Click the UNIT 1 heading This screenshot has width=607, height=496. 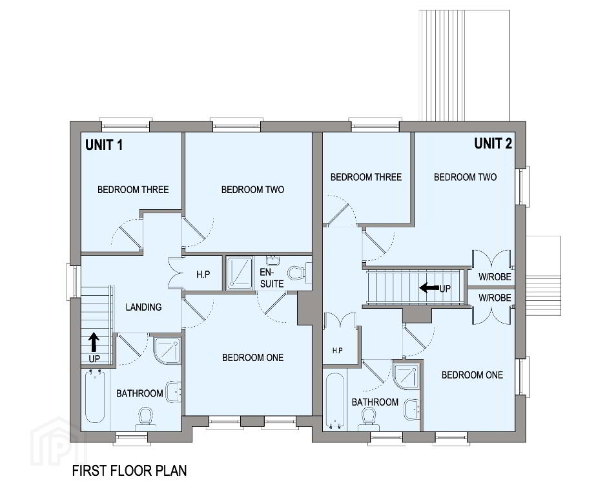click(104, 145)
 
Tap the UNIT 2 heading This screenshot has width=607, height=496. click(493, 143)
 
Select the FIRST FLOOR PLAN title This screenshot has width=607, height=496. click(129, 470)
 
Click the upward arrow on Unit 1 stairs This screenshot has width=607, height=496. click(94, 342)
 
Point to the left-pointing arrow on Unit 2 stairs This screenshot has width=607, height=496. click(429, 287)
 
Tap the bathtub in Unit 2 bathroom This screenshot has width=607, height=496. click(335, 402)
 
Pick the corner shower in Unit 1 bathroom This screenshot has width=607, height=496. click(167, 351)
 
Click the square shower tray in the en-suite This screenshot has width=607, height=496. click(240, 273)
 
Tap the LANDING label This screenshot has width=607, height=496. click(143, 307)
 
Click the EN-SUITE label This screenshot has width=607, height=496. click(271, 278)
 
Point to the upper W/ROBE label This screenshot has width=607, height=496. click(495, 277)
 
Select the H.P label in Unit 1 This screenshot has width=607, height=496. click(203, 274)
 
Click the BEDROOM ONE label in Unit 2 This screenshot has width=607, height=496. click(472, 375)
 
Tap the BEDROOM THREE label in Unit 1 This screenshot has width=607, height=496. click(133, 190)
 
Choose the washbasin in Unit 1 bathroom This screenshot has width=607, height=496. click(174, 391)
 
